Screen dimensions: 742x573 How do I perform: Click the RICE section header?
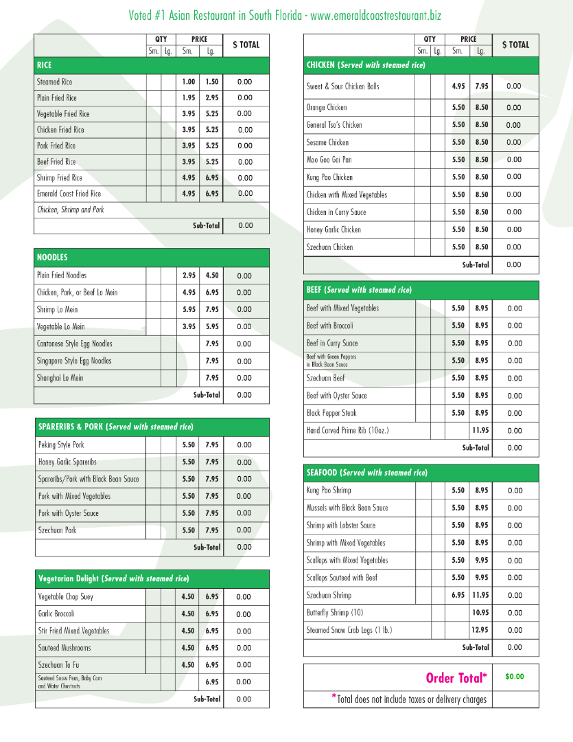(x=45, y=65)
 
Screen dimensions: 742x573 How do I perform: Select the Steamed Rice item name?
(x=54, y=82)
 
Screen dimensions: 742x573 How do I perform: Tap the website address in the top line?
(x=377, y=15)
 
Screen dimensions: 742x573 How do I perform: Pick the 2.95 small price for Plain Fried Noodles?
(x=189, y=276)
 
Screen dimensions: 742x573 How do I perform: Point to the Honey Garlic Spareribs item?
(x=67, y=462)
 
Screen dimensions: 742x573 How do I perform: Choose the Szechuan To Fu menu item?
(x=59, y=665)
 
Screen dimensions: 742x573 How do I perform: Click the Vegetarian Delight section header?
(x=113, y=578)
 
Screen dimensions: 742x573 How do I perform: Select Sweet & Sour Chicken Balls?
(x=342, y=87)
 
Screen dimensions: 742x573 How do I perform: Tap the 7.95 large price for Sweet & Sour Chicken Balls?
(x=482, y=87)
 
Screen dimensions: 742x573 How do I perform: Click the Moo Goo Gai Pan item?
(x=329, y=160)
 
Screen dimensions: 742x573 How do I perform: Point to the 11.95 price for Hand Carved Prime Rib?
(x=480, y=431)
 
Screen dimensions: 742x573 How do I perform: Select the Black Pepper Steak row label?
(x=331, y=413)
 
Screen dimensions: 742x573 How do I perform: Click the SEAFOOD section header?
(x=366, y=473)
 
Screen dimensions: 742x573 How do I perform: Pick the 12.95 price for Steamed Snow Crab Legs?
(x=480, y=630)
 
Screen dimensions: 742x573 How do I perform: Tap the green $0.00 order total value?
(x=514, y=677)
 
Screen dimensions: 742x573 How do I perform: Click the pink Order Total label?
(x=456, y=678)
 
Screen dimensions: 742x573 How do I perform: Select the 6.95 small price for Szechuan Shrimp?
(x=458, y=595)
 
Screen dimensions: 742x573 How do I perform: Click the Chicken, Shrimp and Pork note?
(x=71, y=210)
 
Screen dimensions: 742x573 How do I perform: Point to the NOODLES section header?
(x=52, y=258)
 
